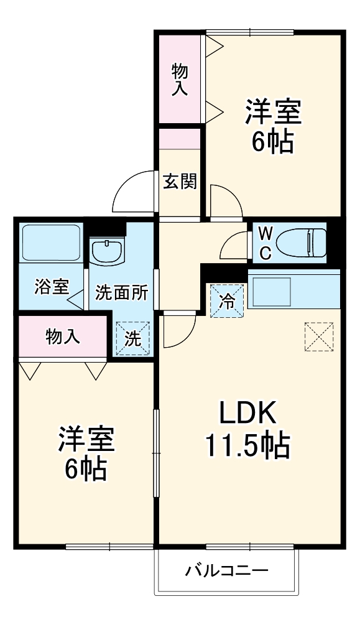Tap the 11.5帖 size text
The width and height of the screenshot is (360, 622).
[x=247, y=445]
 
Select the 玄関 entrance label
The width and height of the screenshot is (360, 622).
[x=180, y=182]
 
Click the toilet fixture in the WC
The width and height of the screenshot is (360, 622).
[x=301, y=241]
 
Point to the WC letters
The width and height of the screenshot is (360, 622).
[x=265, y=243]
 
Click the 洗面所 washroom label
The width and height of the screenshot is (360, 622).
[x=121, y=293]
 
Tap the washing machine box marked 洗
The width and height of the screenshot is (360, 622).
[x=133, y=338]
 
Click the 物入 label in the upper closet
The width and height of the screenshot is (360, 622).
[x=180, y=79]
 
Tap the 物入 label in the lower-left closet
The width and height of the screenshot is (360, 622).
[x=63, y=337]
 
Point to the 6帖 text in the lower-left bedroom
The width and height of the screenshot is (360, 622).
[x=86, y=471]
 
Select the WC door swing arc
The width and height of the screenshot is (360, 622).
[x=234, y=244]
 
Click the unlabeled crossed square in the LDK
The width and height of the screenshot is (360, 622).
[x=320, y=337]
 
